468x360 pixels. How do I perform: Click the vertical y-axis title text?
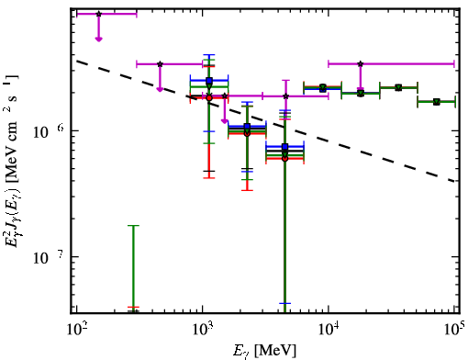coord(13,162)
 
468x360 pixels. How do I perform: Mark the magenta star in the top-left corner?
coord(98,14)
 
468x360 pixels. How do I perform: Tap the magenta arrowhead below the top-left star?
coord(98,39)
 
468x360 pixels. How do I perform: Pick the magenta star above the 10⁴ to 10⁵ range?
coord(361,64)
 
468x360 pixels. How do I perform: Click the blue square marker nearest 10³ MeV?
coord(209,81)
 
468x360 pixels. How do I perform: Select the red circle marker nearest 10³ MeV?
coord(209,98)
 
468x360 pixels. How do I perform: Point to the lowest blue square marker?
coord(285,147)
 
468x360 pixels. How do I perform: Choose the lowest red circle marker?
coord(285,159)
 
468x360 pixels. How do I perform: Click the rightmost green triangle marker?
coord(437,102)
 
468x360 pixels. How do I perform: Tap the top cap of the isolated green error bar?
coord(133,226)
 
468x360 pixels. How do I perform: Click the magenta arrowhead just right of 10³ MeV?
coord(225,121)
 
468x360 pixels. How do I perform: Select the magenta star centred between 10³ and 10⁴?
coord(286,96)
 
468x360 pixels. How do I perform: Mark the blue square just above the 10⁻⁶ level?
coord(247,126)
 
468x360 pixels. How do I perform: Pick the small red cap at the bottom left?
coord(133,307)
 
